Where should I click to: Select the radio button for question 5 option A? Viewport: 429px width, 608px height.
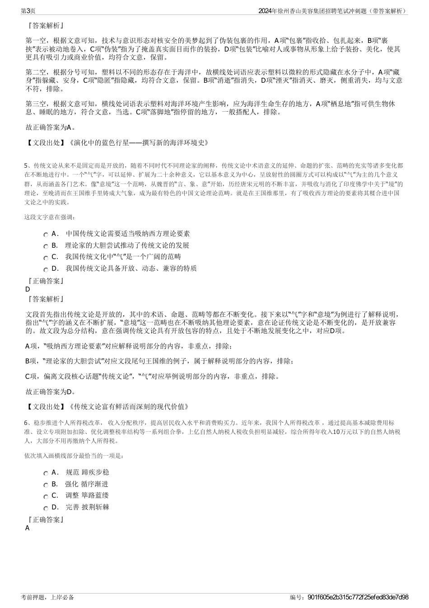pos(46,235)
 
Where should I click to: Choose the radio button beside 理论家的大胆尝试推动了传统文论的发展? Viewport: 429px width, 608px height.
pos(46,246)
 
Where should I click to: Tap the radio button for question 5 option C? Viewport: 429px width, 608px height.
pos(46,258)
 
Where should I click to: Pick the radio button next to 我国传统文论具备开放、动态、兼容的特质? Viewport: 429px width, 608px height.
pos(46,269)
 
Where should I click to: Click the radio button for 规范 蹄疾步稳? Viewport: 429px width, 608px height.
pos(46,473)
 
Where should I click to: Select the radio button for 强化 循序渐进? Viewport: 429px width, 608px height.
pos(46,485)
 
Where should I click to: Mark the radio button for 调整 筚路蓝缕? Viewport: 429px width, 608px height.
pos(46,496)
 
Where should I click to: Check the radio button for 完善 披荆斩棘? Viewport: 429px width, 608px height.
pos(46,508)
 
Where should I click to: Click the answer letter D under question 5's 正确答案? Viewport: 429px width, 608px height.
pos(28,290)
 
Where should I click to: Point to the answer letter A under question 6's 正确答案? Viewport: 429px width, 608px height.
pos(28,528)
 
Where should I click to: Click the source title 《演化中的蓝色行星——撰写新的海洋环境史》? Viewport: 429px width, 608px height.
pos(139,143)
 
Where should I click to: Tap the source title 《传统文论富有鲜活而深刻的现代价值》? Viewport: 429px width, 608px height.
pos(129,407)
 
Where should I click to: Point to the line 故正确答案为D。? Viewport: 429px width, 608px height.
pos(51,391)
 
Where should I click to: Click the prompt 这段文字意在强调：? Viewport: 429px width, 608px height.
pos(50,217)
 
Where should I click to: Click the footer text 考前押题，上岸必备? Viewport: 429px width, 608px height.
pos(47,598)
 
